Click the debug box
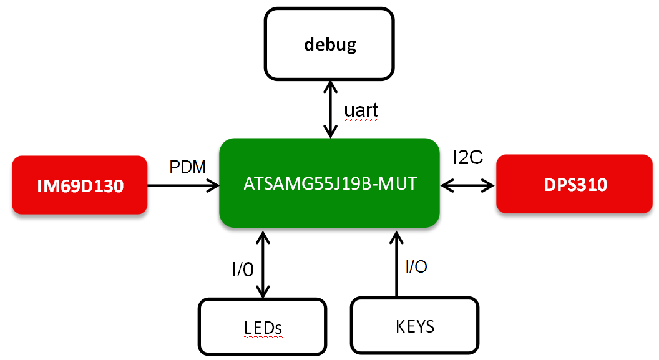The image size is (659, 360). [329, 44]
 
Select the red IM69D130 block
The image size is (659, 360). [80, 185]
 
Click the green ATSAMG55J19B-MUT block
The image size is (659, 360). [329, 183]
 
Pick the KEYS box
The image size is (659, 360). [415, 326]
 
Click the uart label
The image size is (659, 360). [361, 110]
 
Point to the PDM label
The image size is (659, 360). [188, 167]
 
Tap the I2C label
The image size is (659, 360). [467, 158]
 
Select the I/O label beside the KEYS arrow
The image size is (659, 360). [416, 267]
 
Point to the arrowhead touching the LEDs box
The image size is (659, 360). [263, 292]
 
